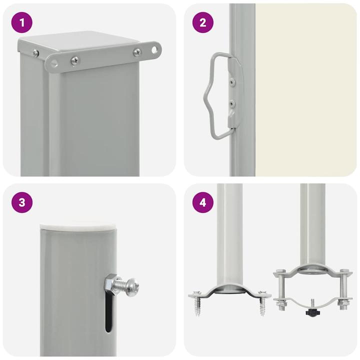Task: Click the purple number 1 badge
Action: [x=21, y=22]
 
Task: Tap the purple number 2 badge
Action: [x=202, y=22]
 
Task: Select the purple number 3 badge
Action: [x=21, y=202]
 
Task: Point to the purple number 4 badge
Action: [x=202, y=202]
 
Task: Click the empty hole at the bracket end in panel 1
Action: [x=154, y=49]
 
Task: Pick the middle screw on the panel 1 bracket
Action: [x=74, y=60]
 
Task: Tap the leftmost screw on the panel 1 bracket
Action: [x=36, y=52]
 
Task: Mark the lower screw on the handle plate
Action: [x=231, y=103]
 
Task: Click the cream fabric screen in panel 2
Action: [x=305, y=90]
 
